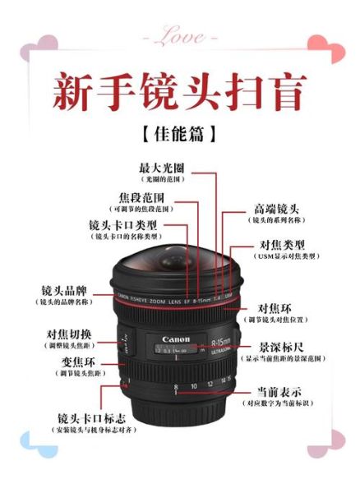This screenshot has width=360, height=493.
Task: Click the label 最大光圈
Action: click(x=162, y=167)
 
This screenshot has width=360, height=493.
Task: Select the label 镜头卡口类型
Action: click(x=122, y=224)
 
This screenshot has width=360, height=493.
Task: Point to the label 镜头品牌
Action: click(x=65, y=291)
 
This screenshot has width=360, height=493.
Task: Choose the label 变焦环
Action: click(x=76, y=362)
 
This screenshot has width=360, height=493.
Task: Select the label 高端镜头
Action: click(x=276, y=210)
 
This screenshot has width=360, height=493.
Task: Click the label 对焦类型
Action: click(x=282, y=245)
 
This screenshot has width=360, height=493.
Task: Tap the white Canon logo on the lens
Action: click(x=176, y=339)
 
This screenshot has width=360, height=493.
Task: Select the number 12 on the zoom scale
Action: click(x=209, y=384)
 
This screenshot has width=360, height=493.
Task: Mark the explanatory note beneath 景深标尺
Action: click(x=282, y=359)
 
